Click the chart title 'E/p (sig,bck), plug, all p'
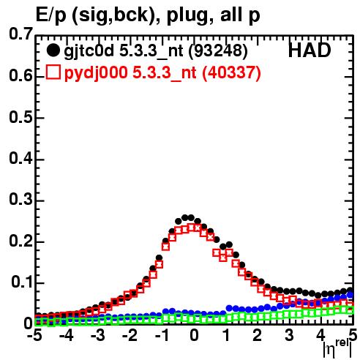coord(148,15)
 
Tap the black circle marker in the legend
coord(53,50)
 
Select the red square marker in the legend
coord(53,72)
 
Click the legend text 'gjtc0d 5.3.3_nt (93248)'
coord(156,50)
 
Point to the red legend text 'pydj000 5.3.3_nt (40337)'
coord(162,72)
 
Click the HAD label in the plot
coord(310,50)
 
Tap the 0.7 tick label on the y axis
coord(21,34)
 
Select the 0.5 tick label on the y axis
coord(21,117)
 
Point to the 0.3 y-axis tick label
coord(21,199)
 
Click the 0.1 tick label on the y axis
coord(22,282)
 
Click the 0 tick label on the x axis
coord(194,336)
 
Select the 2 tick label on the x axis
coord(258,336)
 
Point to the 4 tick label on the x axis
coord(321,336)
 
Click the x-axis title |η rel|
coord(337,349)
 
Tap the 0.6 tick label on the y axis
coord(21,75)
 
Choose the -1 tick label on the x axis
coord(162,336)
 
